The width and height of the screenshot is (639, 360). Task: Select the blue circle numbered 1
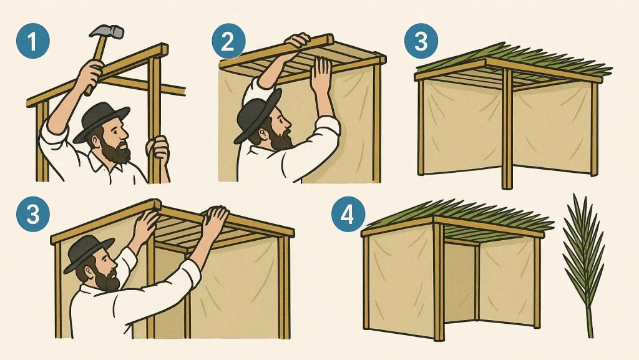click(33, 41)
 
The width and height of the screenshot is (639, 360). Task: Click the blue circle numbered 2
click(228, 41)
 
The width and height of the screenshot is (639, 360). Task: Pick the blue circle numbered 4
click(347, 214)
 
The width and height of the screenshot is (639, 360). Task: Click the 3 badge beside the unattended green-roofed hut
click(421, 41)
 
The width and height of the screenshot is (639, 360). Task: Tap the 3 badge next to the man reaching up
click(33, 214)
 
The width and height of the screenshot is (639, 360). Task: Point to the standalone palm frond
click(584, 265)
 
